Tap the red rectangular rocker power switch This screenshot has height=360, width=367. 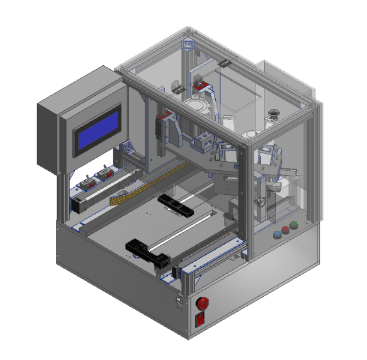tap(201, 319)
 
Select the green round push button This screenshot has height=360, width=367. tap(293, 226)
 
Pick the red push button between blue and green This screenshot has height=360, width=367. tap(284, 230)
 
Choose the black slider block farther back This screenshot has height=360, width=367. tap(175, 205)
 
